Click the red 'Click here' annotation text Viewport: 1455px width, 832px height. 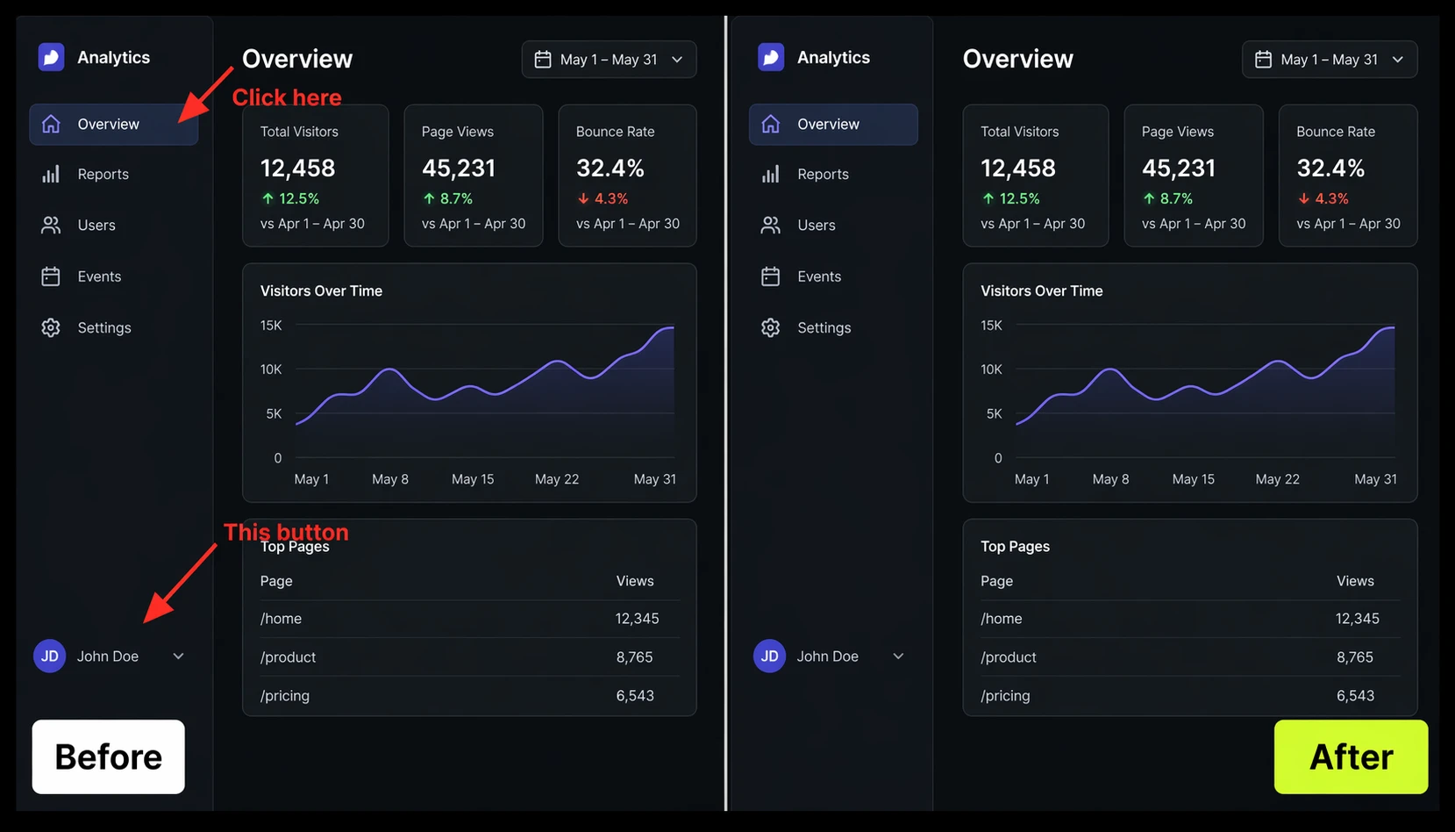pos(287,97)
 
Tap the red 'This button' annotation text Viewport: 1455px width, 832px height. pos(286,532)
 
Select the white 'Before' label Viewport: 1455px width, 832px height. pos(109,757)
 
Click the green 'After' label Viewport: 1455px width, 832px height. pos(1351,757)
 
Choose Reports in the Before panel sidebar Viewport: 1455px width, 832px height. pos(103,174)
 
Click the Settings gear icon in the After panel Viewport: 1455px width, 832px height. pos(770,327)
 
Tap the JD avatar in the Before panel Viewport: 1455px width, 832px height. pos(49,656)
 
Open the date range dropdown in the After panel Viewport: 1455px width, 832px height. pos(1330,59)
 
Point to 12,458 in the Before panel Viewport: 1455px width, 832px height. pos(298,169)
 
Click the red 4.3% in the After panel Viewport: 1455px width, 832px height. pos(1331,199)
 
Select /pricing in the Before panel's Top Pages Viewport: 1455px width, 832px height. pos(284,695)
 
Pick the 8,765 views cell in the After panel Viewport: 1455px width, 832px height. pos(1355,657)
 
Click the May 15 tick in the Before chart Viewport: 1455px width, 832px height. pos(473,479)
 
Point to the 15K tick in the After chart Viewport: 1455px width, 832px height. pos(991,325)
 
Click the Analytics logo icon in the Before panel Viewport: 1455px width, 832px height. pos(52,57)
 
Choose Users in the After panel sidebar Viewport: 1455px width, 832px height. pos(817,225)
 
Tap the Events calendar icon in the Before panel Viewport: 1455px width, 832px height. pos(51,276)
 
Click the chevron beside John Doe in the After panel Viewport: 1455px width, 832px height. pos(898,656)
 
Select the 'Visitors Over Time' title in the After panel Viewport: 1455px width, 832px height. pos(1042,290)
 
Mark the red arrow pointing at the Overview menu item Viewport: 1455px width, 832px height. pos(205,94)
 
